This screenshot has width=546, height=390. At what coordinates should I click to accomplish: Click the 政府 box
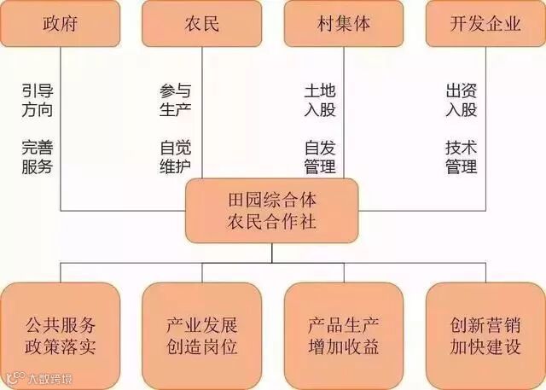point(60,24)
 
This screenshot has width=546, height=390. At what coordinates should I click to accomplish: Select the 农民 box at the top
point(202,24)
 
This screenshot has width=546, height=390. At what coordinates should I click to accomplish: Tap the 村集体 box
point(344,24)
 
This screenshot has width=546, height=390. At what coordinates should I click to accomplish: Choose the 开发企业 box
point(485,24)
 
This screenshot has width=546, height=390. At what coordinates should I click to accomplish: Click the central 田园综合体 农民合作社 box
point(272,210)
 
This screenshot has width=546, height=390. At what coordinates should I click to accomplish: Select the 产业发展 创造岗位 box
point(202,336)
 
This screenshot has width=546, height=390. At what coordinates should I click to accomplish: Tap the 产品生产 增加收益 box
point(344,336)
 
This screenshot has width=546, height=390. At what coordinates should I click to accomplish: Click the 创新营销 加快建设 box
point(485,336)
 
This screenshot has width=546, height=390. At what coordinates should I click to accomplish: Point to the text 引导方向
point(37,99)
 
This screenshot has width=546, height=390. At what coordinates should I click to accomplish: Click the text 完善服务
point(37,156)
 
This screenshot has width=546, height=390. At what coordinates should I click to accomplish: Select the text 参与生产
point(176,99)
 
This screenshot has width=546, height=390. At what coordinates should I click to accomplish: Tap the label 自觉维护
point(176,156)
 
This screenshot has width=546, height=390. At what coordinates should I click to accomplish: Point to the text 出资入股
point(462,99)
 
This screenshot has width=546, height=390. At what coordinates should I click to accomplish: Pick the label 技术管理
point(462,156)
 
